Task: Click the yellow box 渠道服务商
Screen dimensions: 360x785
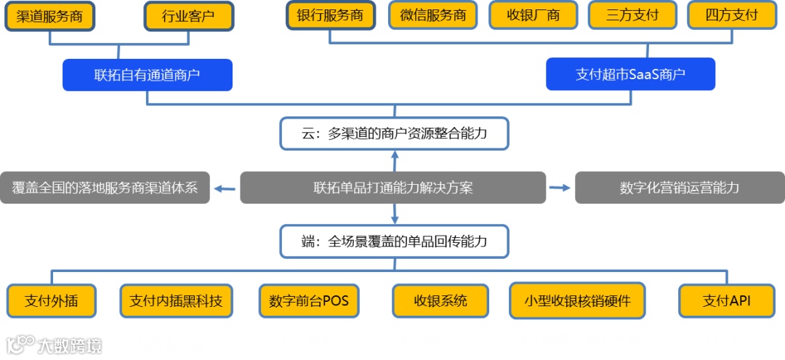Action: [x=49, y=16]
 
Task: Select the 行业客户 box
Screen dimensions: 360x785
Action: [x=189, y=16]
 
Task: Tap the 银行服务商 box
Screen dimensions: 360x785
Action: [x=330, y=15]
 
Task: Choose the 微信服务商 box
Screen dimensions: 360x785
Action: [x=433, y=15]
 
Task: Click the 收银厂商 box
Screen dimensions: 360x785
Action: [x=533, y=15]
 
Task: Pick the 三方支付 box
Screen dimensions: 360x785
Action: [x=632, y=15]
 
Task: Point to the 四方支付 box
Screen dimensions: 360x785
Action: [x=731, y=15]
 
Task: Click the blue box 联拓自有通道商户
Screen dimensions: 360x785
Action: [x=148, y=75]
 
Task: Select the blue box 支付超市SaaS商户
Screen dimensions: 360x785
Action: [x=630, y=74]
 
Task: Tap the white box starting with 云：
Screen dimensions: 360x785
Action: [x=394, y=135]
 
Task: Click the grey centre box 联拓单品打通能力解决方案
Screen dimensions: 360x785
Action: [x=393, y=188]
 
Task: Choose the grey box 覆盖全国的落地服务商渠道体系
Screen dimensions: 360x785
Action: [x=105, y=188]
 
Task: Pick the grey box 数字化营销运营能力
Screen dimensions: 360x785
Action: [x=680, y=188]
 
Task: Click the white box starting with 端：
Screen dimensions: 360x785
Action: [x=394, y=241]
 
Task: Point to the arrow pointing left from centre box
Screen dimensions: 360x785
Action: [x=225, y=188]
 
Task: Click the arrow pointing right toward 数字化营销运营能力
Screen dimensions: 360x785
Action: [x=560, y=188]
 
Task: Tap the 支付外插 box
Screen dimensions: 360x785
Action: [x=51, y=301]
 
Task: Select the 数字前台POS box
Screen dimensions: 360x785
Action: [x=309, y=301]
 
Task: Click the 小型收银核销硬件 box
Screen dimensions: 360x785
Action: [x=577, y=301]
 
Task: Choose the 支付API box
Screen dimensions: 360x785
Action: [x=726, y=301]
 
